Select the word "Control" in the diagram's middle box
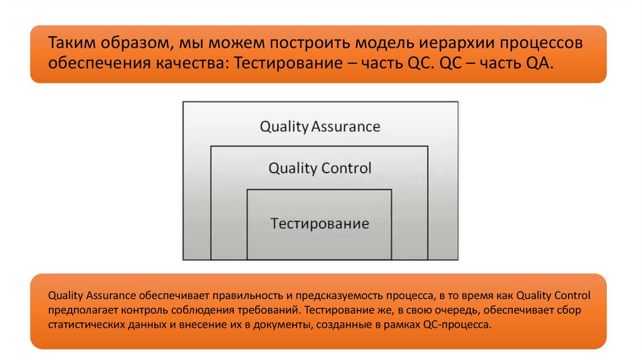[x=346, y=168]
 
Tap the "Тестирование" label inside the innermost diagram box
[x=320, y=223]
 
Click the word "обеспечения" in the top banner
[x=93, y=64]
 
